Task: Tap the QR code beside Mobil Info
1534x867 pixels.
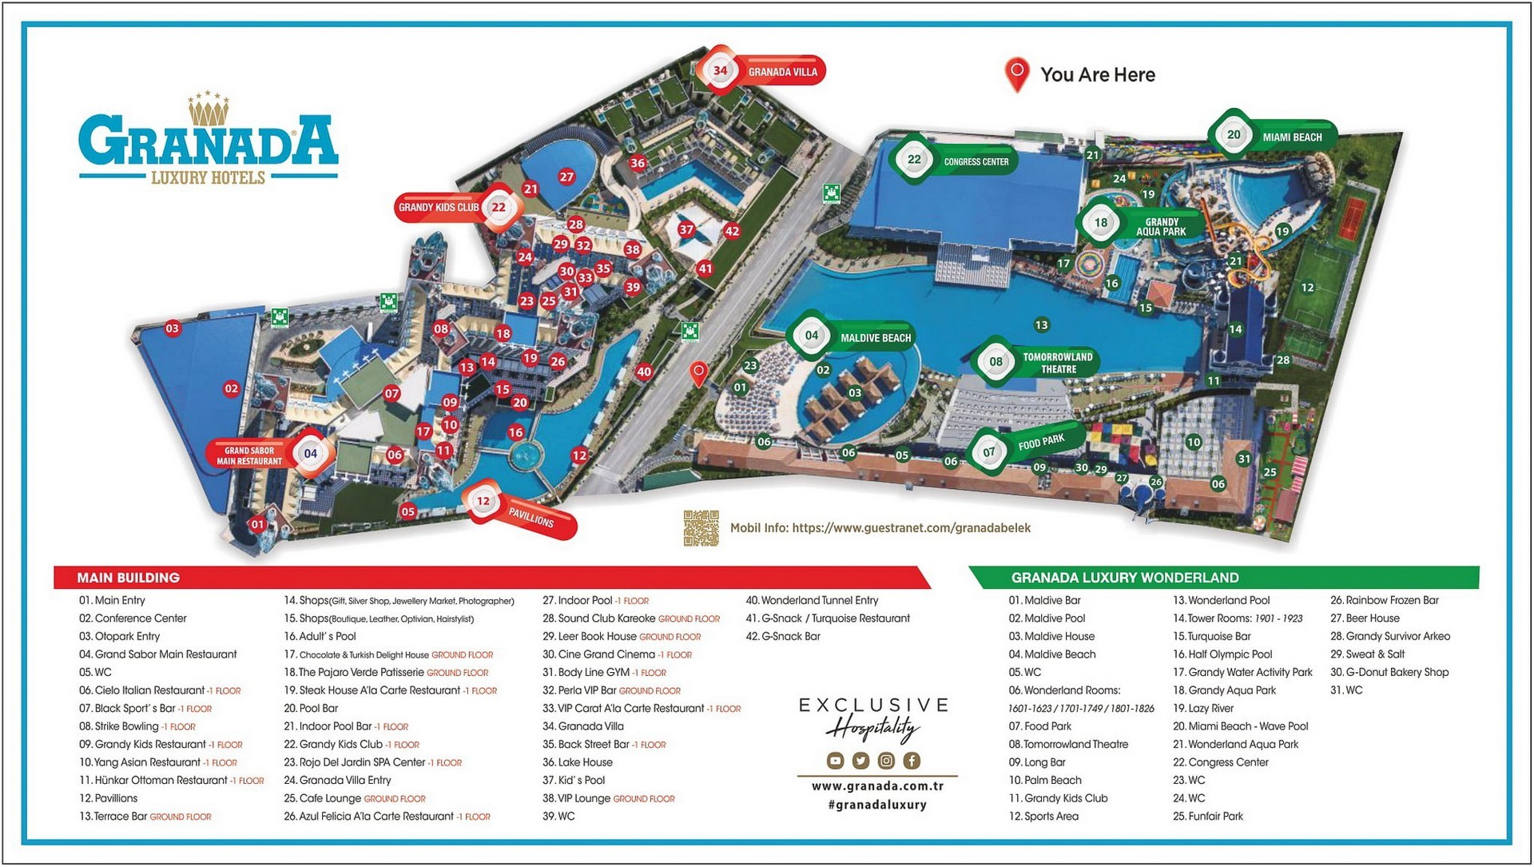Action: tap(701, 528)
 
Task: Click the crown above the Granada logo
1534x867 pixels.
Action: tap(209, 109)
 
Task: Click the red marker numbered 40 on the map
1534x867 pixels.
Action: tap(644, 372)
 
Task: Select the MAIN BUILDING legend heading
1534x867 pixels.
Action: tap(128, 578)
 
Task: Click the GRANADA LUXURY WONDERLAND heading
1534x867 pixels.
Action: tap(1124, 578)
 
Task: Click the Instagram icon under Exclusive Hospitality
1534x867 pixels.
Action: tap(886, 761)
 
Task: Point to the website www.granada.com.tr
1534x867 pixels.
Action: tap(877, 786)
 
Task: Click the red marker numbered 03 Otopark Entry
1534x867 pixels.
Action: tap(173, 328)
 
